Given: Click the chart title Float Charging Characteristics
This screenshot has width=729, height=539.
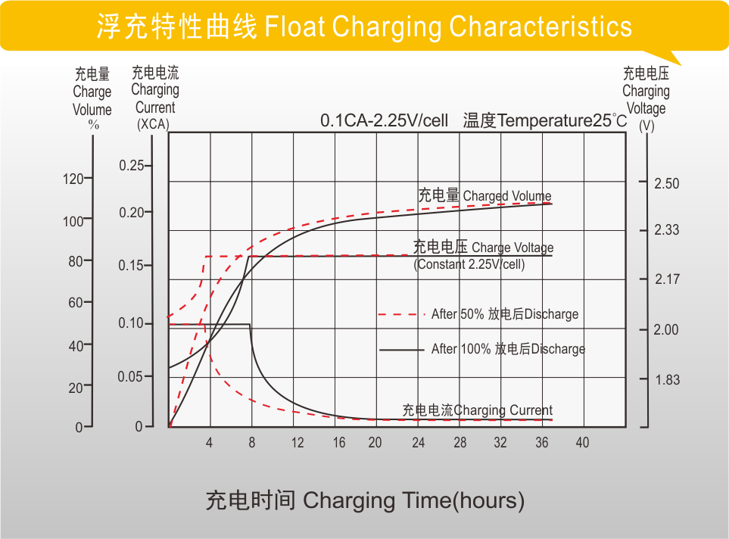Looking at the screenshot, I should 364,27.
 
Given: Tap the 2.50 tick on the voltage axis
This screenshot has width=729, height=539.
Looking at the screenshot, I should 667,184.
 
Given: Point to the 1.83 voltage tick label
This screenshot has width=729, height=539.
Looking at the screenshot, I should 667,380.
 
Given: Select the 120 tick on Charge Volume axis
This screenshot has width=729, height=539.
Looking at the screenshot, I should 73,179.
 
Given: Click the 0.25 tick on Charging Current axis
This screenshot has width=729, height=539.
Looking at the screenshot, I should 131,166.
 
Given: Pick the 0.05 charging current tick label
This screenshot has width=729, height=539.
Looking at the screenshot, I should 130,377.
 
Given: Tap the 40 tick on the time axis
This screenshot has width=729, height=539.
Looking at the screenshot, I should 581,443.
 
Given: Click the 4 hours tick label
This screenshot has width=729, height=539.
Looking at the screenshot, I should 210,443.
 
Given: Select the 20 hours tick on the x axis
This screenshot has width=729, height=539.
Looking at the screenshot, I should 375,443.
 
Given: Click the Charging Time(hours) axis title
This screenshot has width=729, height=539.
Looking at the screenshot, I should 365,500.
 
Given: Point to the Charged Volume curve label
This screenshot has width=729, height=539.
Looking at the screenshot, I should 484,196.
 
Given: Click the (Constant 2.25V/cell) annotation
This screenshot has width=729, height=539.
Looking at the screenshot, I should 469,265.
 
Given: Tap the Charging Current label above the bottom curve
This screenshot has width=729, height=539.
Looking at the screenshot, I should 478,410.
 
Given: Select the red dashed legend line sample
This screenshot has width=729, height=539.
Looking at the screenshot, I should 397,314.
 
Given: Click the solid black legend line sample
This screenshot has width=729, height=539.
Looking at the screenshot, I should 401,350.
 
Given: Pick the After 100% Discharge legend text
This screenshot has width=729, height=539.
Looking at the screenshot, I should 508,349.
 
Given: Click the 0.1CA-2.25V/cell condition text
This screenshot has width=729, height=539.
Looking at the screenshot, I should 384,121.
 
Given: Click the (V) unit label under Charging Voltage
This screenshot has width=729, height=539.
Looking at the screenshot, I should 646,126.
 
